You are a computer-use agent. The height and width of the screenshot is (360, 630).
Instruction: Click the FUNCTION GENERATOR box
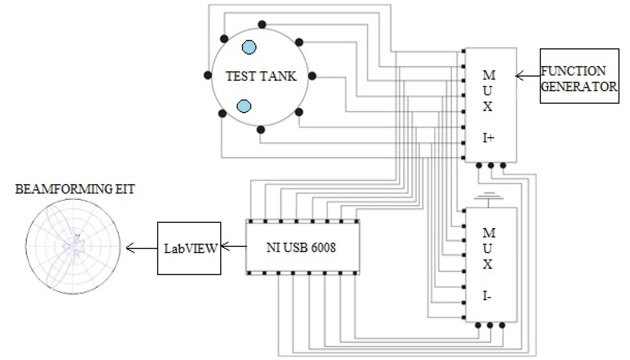[x=579, y=76]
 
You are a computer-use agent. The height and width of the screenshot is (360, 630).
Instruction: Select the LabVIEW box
[x=189, y=248]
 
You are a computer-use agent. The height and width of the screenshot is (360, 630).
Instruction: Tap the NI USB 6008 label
[x=301, y=248]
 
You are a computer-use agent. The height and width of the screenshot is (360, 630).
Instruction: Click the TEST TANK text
[x=261, y=76]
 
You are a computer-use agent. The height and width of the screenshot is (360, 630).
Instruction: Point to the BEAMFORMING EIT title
[x=75, y=189]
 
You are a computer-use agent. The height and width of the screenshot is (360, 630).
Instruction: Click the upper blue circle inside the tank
[x=249, y=47]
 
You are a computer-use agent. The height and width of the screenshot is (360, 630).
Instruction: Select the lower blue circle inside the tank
[x=244, y=106]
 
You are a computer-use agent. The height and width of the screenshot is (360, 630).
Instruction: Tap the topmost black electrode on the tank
[x=262, y=25]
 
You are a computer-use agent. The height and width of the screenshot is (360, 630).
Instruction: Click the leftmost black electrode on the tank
[x=207, y=75]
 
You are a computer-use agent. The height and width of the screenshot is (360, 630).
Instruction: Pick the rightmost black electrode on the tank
[x=312, y=76]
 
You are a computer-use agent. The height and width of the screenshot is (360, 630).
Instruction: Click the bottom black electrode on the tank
[x=261, y=130]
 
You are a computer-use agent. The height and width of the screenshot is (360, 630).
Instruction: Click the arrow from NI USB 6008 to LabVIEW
[x=233, y=246]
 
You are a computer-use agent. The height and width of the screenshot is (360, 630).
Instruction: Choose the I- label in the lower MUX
[x=487, y=296]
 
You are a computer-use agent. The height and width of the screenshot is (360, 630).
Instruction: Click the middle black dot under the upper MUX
[x=491, y=165]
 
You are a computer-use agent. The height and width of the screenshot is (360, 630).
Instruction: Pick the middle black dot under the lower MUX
[x=490, y=325]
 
